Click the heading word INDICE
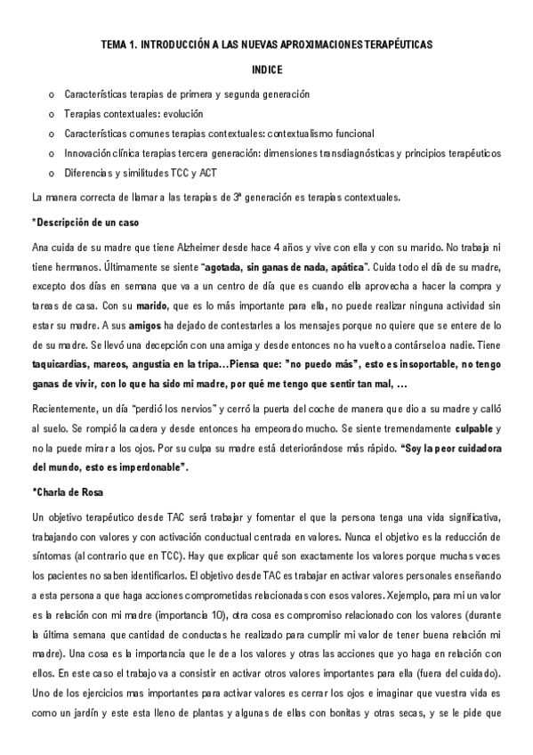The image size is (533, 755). point(266,68)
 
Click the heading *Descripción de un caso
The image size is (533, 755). point(84,222)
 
